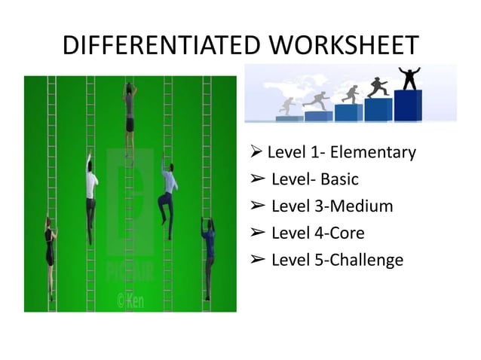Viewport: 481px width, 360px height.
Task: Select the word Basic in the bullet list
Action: [339, 180]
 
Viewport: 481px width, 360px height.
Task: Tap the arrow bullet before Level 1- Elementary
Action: [256, 153]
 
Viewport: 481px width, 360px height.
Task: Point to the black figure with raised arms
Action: [409, 78]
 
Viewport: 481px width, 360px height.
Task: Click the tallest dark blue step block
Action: [408, 105]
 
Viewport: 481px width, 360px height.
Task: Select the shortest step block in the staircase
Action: [290, 118]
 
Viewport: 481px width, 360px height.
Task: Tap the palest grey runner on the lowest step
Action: [287, 106]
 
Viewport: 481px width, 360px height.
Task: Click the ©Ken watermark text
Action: [130, 301]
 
